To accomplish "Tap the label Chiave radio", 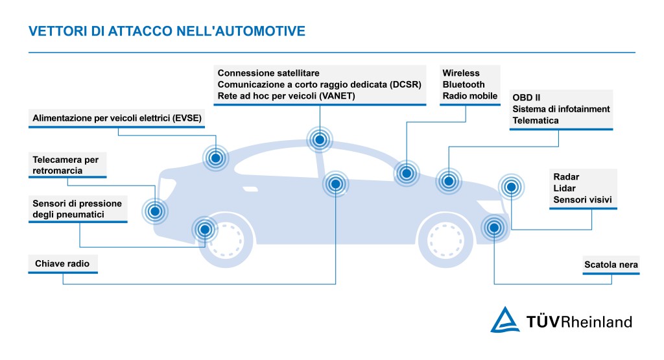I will coord(62,264).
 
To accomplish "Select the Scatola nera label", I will coord(611,265).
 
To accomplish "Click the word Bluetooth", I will coord(464,84).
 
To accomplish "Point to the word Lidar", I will coord(564,188).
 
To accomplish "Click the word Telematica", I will coord(536,121).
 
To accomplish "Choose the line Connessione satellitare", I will coord(268,73).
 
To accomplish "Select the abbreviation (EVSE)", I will coord(187,117).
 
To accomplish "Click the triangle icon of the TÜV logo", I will coord(504,320).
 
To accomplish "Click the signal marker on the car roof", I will coord(319,139).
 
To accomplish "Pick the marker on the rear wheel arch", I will coord(204,228).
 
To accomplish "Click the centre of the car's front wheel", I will coord(449,235).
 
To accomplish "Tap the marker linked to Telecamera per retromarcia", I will coord(155,210).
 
